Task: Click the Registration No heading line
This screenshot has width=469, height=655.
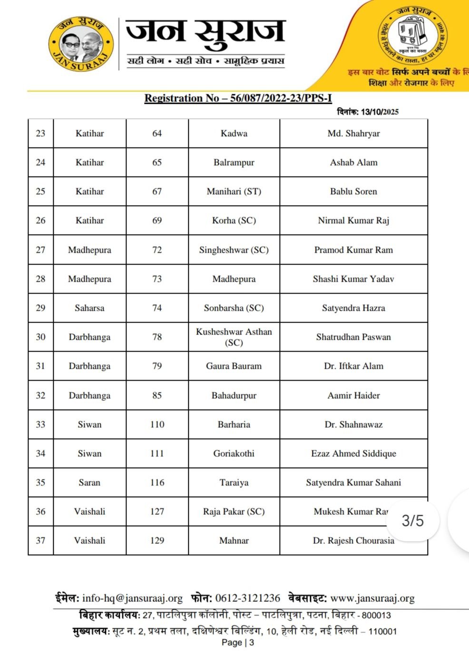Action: pyautogui.click(x=238, y=98)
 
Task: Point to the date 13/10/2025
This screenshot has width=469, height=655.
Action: pyautogui.click(x=380, y=112)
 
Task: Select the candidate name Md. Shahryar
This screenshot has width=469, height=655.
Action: pyautogui.click(x=353, y=134)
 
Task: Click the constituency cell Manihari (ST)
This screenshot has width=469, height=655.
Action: pyautogui.click(x=234, y=192)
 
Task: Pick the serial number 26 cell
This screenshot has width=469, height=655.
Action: pyautogui.click(x=40, y=221)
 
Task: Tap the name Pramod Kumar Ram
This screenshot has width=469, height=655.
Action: pyautogui.click(x=353, y=250)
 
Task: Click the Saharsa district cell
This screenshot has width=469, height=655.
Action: pyautogui.click(x=89, y=308)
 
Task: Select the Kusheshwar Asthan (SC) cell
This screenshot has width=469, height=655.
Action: pyautogui.click(x=234, y=337)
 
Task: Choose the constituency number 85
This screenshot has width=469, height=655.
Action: pyautogui.click(x=157, y=395)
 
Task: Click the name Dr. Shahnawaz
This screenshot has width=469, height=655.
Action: pyautogui.click(x=353, y=424)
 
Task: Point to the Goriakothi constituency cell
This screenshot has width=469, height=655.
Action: pyautogui.click(x=234, y=454)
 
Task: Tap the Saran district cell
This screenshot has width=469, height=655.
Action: pyautogui.click(x=89, y=483)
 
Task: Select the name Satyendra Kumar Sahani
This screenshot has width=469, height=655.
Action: pyautogui.click(x=353, y=483)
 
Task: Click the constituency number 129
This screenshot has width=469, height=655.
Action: pyautogui.click(x=157, y=541)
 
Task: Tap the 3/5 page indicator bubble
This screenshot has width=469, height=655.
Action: pyautogui.click(x=412, y=520)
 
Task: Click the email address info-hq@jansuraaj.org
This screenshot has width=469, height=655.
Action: pyautogui.click(x=132, y=598)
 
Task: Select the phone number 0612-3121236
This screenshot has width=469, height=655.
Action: pyautogui.click(x=247, y=598)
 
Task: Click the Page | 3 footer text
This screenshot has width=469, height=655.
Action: pyautogui.click(x=238, y=643)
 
